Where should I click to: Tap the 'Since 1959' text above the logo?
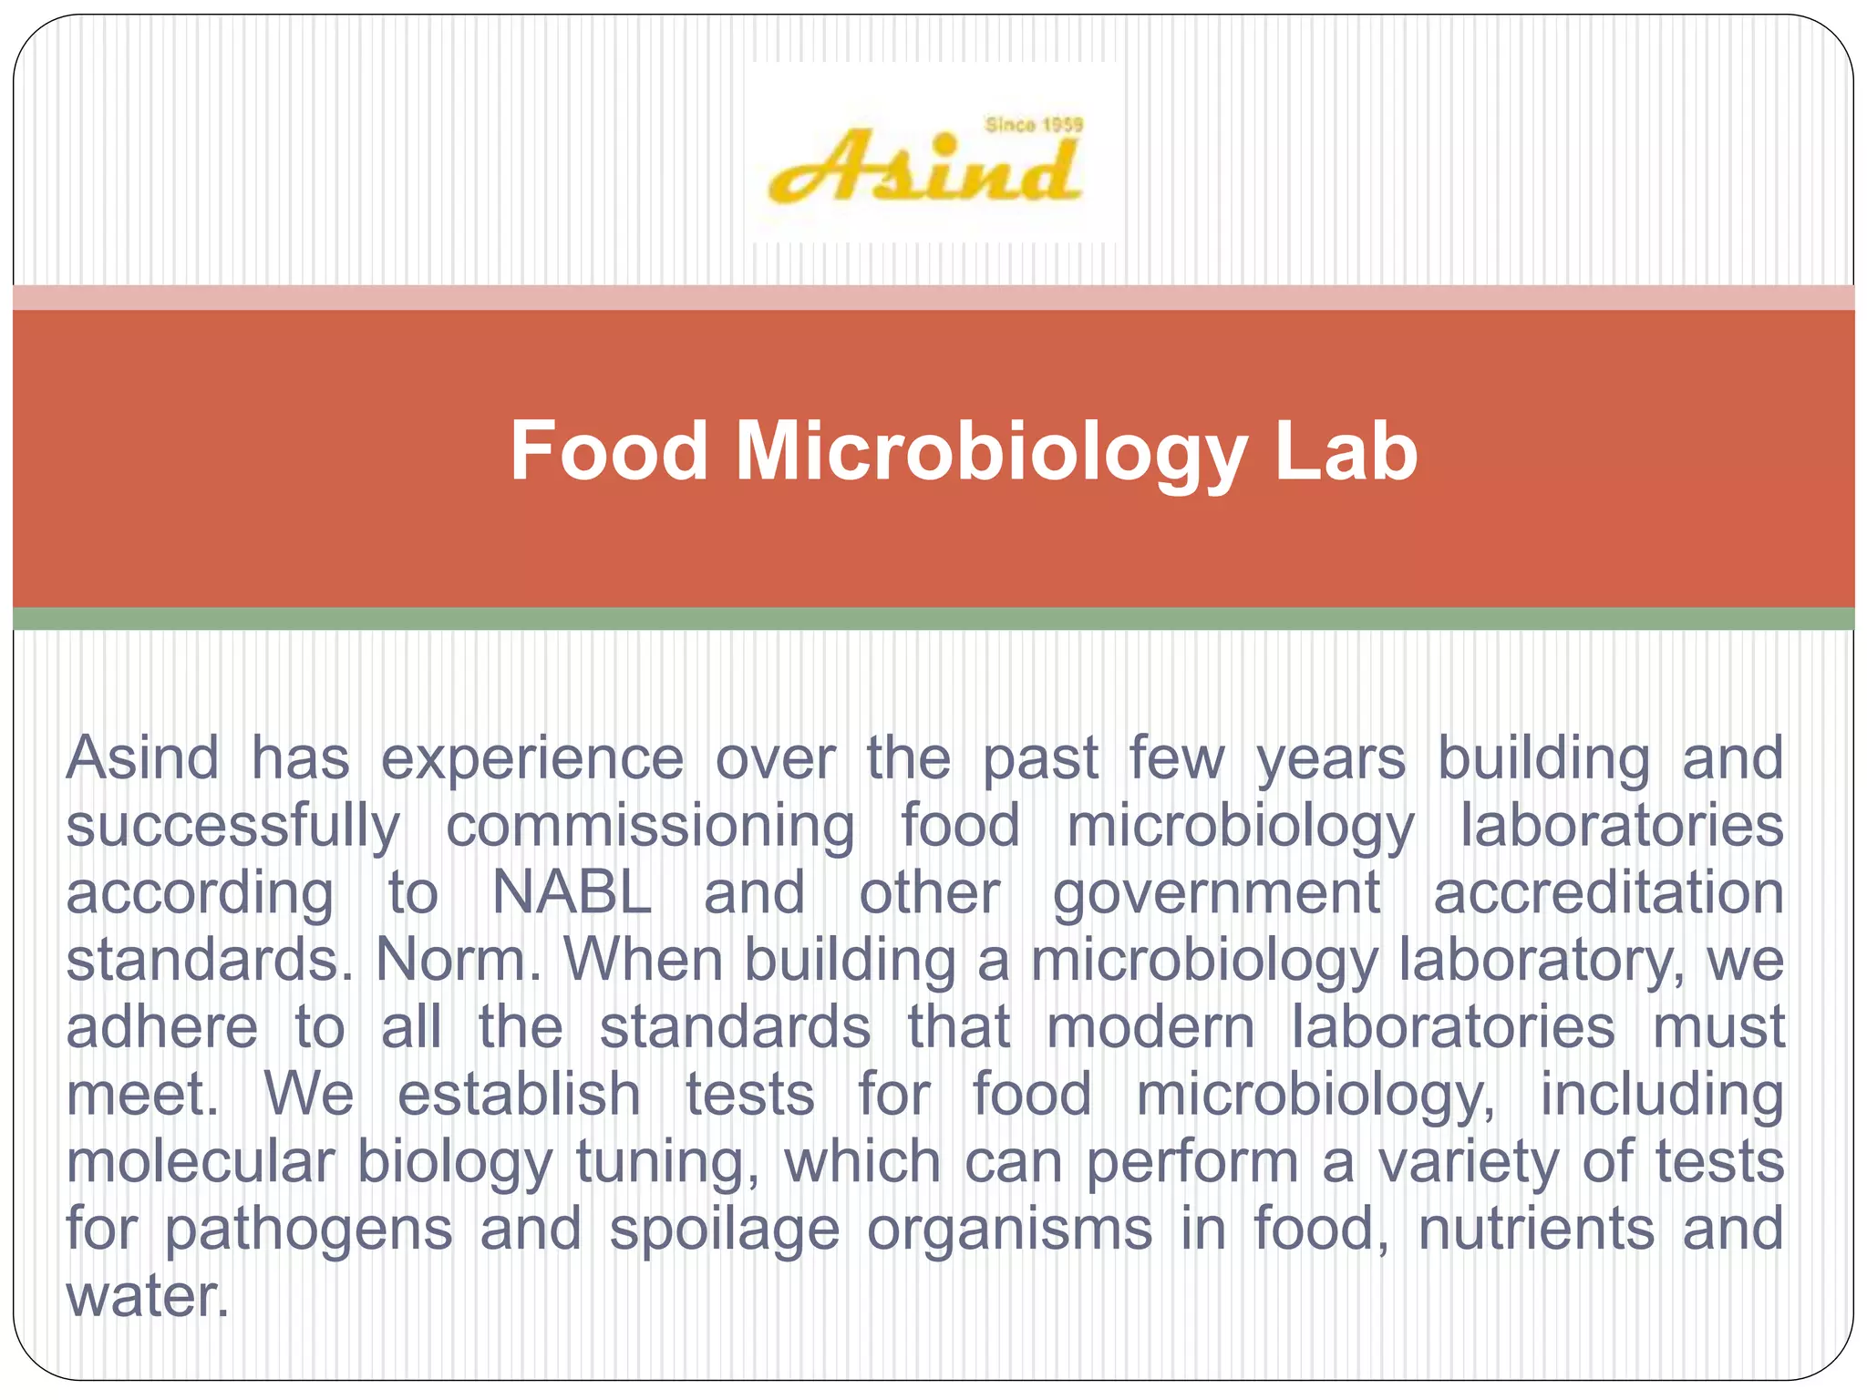point(1033,125)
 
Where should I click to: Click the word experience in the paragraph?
point(531,758)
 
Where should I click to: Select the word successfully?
point(232,827)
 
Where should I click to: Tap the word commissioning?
point(650,827)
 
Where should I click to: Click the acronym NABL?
point(572,893)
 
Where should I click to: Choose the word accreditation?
point(1608,893)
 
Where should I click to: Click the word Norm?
point(459,960)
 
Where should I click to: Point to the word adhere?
point(162,1027)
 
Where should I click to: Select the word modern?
point(1150,1027)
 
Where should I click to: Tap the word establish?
point(519,1094)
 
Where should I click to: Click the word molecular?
point(201,1162)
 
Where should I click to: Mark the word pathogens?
point(308,1230)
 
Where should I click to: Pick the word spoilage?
point(724,1230)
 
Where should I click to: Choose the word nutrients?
point(1536,1229)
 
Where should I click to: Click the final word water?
point(146,1296)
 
